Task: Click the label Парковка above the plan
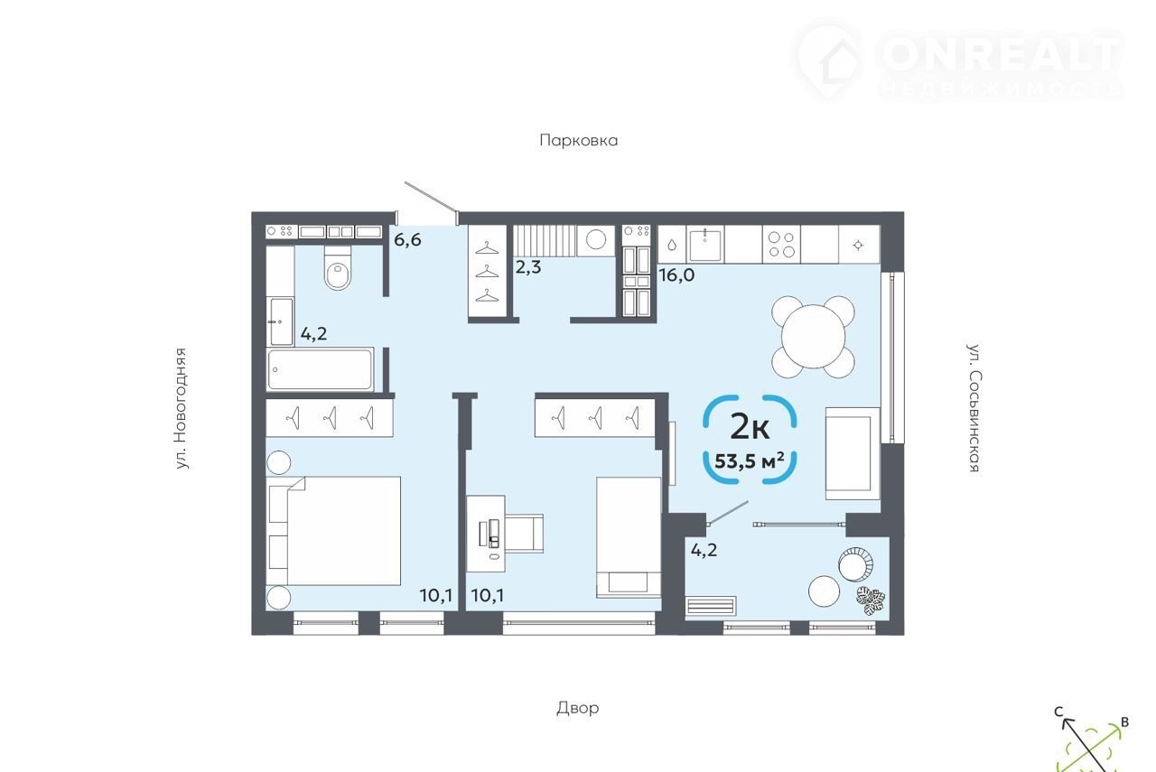(x=579, y=140)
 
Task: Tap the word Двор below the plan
(x=577, y=708)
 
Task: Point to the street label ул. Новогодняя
(x=180, y=409)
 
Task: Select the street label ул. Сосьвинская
(x=974, y=408)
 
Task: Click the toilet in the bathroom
(x=338, y=268)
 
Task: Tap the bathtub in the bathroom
(x=320, y=369)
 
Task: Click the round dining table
(x=813, y=337)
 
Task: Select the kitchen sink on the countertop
(x=704, y=245)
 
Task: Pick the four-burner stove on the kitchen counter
(x=781, y=245)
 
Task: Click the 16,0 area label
(x=676, y=275)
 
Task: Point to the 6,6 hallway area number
(x=407, y=239)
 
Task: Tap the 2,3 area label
(x=528, y=266)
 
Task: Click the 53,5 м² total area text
(x=750, y=460)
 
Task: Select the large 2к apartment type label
(x=750, y=427)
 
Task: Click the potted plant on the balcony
(x=871, y=600)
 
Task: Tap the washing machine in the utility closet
(x=596, y=240)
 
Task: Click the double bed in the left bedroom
(x=333, y=531)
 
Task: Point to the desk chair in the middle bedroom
(x=524, y=533)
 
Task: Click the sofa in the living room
(x=853, y=453)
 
